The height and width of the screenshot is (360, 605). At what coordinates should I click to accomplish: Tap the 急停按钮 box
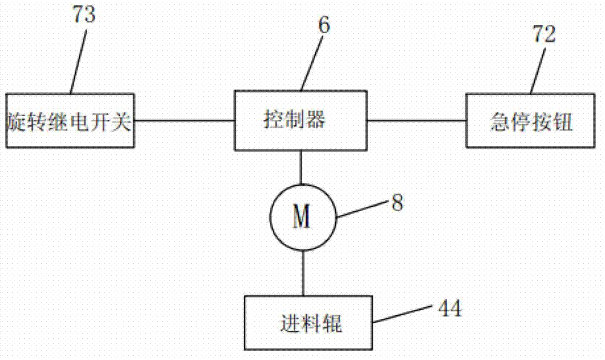click(530, 120)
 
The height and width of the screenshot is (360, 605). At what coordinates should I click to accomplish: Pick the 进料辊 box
click(309, 323)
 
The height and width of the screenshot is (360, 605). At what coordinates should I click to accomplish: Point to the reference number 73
click(83, 15)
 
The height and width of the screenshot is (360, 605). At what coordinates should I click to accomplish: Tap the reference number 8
click(397, 202)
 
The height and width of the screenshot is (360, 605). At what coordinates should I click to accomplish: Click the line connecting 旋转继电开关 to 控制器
click(185, 120)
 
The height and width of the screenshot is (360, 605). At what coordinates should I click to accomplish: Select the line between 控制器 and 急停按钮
click(417, 120)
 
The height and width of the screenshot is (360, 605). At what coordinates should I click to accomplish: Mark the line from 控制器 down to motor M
click(301, 168)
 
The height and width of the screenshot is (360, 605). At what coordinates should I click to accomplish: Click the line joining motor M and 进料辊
click(301, 273)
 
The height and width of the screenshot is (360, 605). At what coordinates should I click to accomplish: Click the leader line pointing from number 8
click(361, 211)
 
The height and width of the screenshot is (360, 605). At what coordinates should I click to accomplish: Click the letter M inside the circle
click(301, 217)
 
